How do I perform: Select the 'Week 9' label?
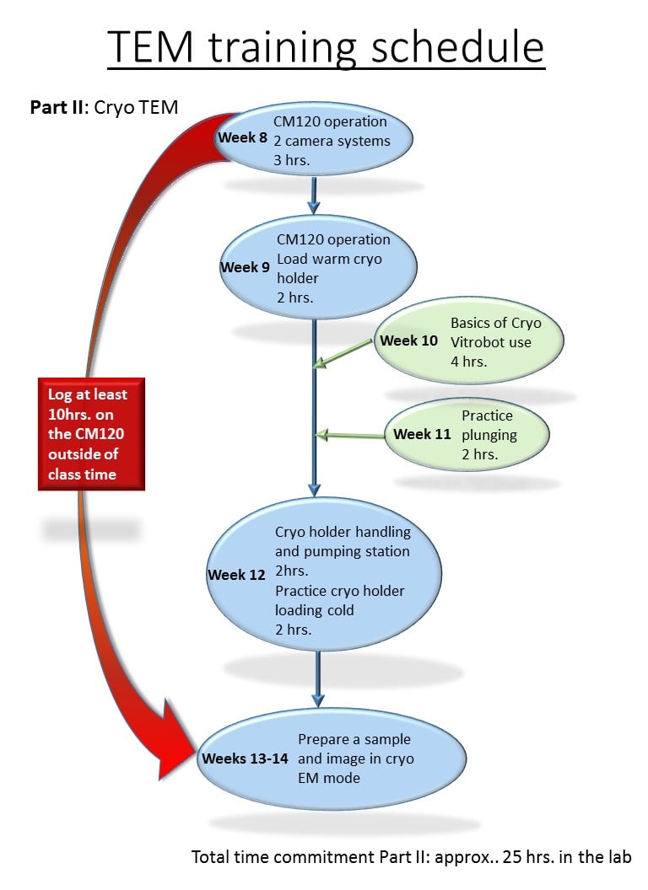245,267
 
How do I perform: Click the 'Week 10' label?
409,341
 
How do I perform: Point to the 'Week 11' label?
423,435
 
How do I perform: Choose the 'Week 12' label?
236,575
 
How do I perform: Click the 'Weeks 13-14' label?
245,759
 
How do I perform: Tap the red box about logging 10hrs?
91,433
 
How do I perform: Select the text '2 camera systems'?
337,140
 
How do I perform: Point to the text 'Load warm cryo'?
329,259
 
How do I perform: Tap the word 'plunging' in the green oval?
489,435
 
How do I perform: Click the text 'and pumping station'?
343,551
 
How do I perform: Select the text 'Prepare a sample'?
354,739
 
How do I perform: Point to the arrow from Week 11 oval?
350,435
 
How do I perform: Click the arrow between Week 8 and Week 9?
314,196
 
